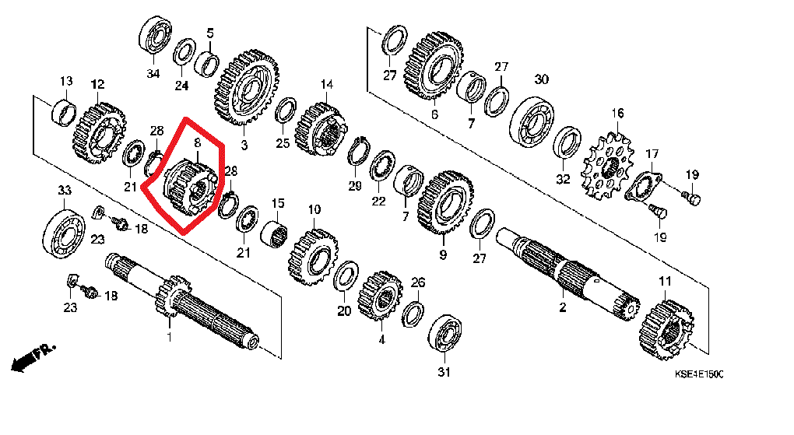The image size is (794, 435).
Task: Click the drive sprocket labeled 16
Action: pyautogui.click(x=610, y=165)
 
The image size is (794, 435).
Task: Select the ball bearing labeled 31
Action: pyautogui.click(x=445, y=334)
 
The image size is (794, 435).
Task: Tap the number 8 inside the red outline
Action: pyautogui.click(x=197, y=143)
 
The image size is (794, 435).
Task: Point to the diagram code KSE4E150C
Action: pyautogui.click(x=699, y=375)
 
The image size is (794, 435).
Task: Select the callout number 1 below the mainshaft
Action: pyautogui.click(x=167, y=336)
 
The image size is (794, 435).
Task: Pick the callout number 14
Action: pyautogui.click(x=326, y=84)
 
